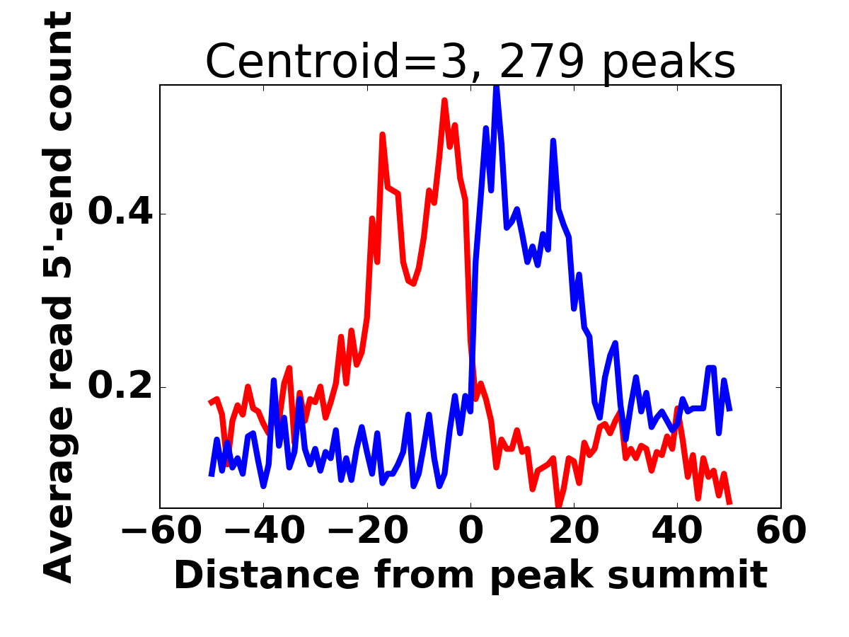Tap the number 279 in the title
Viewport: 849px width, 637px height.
(541, 62)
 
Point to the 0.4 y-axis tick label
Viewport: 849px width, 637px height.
(120, 214)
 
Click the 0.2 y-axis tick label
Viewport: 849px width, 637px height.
(120, 387)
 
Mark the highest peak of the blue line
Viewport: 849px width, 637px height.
(496, 87)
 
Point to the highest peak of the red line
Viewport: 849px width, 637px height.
(444, 101)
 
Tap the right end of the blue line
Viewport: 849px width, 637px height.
(729, 410)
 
